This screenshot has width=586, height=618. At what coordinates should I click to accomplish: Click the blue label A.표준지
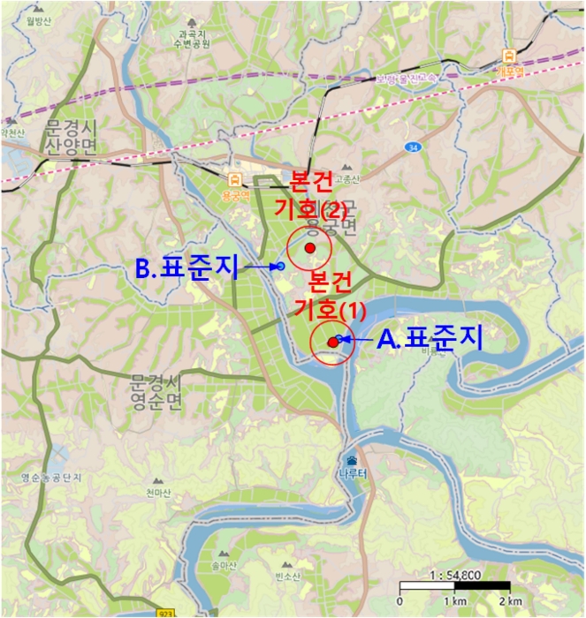(x=430, y=340)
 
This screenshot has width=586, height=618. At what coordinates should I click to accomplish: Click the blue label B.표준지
(x=188, y=268)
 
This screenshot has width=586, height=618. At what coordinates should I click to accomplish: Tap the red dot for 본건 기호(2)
(x=309, y=248)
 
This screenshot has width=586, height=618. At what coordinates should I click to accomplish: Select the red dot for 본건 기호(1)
(x=332, y=343)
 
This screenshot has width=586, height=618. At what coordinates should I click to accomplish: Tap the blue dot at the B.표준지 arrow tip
(x=280, y=266)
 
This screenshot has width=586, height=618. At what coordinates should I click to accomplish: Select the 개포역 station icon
(x=506, y=55)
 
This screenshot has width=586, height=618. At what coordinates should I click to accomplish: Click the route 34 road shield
(x=412, y=146)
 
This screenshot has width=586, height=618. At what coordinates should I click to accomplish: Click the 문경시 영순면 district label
(x=155, y=392)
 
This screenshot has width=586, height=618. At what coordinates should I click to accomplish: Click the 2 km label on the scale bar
(x=510, y=601)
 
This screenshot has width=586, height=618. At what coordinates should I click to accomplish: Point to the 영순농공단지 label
(x=51, y=478)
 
